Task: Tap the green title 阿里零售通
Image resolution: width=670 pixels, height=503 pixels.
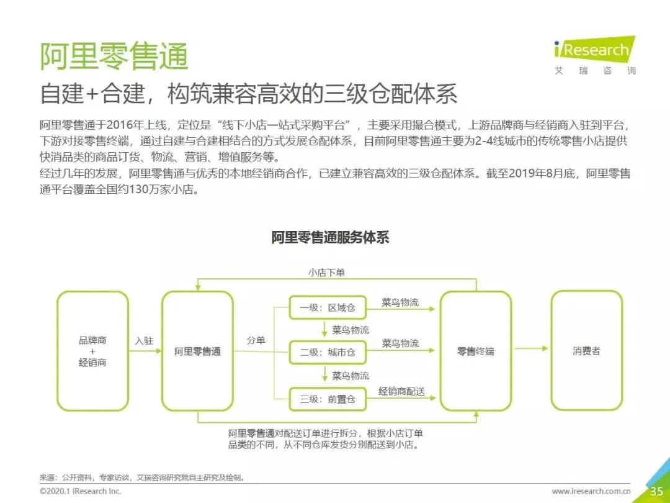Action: [x=114, y=57]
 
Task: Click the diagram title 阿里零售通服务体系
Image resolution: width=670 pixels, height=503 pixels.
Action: [x=330, y=238]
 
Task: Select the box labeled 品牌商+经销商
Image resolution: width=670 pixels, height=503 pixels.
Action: [x=92, y=351]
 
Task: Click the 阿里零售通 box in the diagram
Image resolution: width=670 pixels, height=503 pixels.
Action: [x=197, y=351]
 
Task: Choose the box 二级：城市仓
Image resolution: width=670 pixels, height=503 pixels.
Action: [x=328, y=352]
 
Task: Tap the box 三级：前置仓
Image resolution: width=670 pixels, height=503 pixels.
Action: [x=328, y=399]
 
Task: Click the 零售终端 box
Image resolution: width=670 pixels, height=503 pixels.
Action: [x=476, y=351]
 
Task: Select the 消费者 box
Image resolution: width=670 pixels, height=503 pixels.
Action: [x=586, y=351]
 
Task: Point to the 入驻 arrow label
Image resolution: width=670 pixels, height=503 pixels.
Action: [x=145, y=341]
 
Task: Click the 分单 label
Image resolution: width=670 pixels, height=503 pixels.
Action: [x=256, y=340]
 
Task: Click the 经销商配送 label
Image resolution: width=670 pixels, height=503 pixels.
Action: [x=401, y=391]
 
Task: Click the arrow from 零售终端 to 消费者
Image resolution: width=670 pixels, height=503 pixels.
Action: [x=531, y=348]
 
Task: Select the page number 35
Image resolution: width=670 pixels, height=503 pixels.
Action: [x=656, y=491]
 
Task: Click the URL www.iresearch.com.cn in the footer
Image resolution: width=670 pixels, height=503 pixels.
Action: [x=591, y=491]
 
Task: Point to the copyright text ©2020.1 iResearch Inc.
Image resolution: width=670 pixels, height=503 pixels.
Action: [x=81, y=491]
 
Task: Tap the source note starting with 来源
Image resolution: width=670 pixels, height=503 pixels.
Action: [x=142, y=478]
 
